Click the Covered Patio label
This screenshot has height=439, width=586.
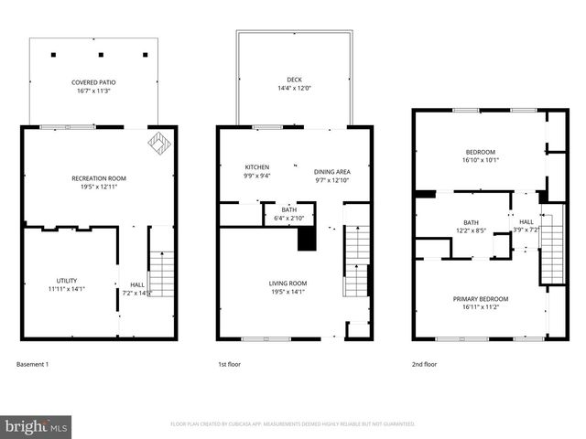(x=93, y=82)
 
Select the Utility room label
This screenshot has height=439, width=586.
(x=66, y=281)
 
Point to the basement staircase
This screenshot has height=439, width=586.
(x=161, y=272)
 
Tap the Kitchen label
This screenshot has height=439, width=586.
(x=256, y=167)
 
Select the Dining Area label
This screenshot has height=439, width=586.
(x=332, y=171)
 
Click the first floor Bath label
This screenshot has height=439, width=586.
(x=288, y=209)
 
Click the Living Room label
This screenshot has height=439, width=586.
(x=288, y=284)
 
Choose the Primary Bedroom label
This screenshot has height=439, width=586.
(x=481, y=298)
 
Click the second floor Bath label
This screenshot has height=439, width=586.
(x=471, y=222)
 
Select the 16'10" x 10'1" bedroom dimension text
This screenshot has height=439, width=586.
(x=480, y=159)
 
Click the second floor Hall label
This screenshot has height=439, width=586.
(x=526, y=221)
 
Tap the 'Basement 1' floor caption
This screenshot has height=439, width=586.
(x=33, y=364)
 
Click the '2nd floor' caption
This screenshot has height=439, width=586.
(x=424, y=364)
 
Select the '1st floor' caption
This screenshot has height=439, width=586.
(x=229, y=364)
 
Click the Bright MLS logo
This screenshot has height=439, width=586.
(x=37, y=426)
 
